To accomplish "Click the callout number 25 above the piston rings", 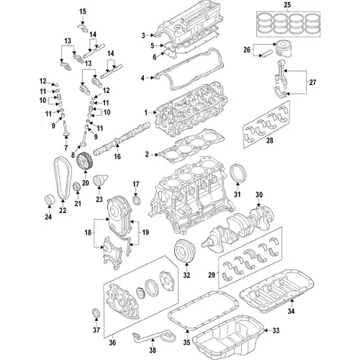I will [287, 5].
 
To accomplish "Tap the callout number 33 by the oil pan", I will [276, 331].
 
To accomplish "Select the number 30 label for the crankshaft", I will [259, 194].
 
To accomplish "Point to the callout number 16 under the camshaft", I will [118, 157].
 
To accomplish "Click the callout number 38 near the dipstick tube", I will [152, 350].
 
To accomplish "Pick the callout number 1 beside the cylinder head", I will [145, 112].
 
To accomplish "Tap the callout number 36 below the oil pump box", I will [113, 343].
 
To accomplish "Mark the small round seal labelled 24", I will [49, 199].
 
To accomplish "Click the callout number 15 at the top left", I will [83, 11].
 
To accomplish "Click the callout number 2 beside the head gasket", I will [146, 154].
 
